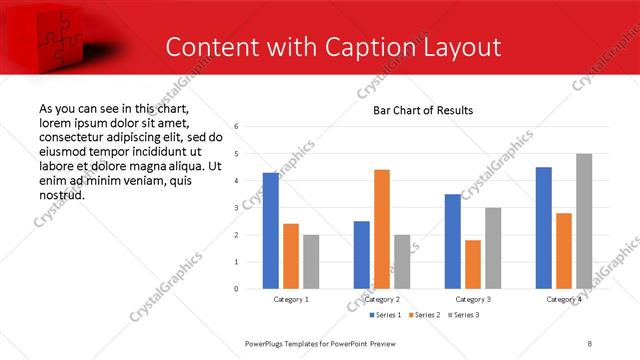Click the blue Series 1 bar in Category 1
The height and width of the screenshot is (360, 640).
pos(271,231)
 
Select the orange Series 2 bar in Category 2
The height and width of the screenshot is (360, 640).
pos(382,229)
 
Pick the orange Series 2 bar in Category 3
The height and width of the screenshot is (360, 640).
pos(473,264)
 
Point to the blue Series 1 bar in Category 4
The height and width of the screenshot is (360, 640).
pos(544,228)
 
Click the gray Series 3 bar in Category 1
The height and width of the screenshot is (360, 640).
pos(311,262)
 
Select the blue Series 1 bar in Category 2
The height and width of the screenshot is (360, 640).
pos(362,255)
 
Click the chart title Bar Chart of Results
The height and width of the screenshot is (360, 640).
pos(423,110)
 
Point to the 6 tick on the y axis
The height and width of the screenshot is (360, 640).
pos(236,127)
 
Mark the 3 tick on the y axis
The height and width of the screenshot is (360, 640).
pos(236,208)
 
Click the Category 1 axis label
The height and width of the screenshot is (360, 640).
pos(291,299)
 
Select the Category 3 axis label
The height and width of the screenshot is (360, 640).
pos(473,299)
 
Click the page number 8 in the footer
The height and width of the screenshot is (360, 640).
pos(590,343)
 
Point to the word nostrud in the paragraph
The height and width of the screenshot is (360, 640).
pos(61,194)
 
